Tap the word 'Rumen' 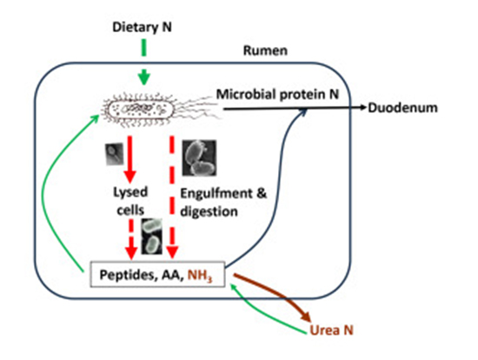click(268, 51)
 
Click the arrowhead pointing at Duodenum click(359, 109)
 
